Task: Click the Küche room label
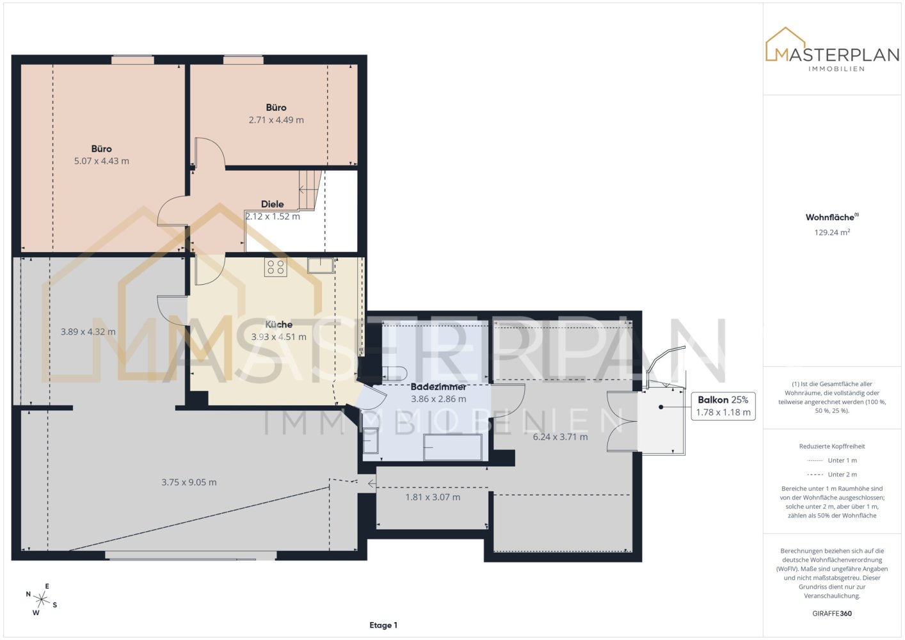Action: point(279,324)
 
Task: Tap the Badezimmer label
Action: point(438,387)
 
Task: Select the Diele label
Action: point(272,204)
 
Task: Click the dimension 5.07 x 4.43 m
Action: point(101,161)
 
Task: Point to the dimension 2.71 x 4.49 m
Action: point(276,120)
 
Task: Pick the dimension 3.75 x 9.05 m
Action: point(189,482)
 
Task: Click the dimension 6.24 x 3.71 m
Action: point(561,436)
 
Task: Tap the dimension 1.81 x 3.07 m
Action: point(433,497)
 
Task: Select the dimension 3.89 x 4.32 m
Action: point(88,332)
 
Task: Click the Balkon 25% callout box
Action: point(723,406)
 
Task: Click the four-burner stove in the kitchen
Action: point(276,267)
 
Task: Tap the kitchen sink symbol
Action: point(321,266)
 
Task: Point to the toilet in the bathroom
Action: point(393,373)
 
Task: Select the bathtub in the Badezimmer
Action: point(453,447)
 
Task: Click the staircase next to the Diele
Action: point(310,190)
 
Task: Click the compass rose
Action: point(41,599)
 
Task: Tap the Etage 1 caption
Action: point(383,625)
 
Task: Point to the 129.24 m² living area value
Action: point(832,232)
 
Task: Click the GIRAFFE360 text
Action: point(832,613)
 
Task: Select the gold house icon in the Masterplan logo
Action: point(785,44)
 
